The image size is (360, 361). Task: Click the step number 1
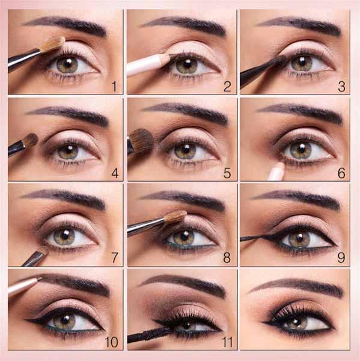click(114, 87)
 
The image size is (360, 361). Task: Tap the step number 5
click(227, 173)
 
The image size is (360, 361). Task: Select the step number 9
click(341, 258)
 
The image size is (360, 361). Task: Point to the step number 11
click(227, 342)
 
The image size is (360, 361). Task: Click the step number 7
click(115, 258)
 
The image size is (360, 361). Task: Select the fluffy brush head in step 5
click(141, 141)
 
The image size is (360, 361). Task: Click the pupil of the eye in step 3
click(302, 62)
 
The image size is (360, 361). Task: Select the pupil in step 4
click(69, 151)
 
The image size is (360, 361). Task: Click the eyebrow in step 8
click(182, 199)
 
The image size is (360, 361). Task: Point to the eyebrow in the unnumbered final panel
click(297, 285)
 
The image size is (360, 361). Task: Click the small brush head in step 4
click(31, 140)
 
